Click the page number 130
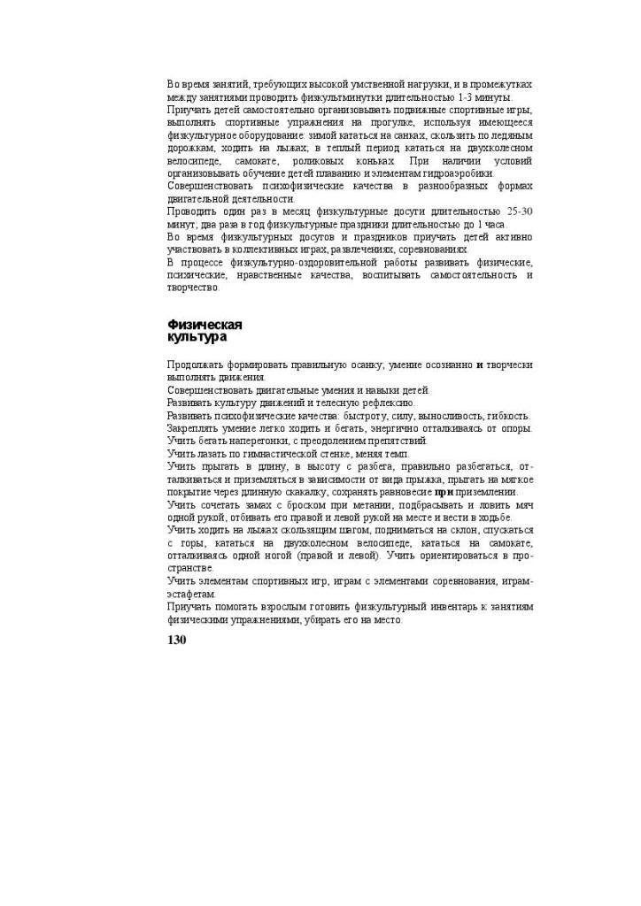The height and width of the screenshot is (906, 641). point(176,640)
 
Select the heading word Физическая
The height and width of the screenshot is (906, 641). point(205,325)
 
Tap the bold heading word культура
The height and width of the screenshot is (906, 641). point(197,337)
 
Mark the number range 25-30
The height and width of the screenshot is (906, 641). point(519,211)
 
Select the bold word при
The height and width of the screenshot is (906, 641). point(444,492)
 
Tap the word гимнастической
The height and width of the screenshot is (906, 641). point(270,453)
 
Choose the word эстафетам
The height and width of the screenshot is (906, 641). point(191,595)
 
